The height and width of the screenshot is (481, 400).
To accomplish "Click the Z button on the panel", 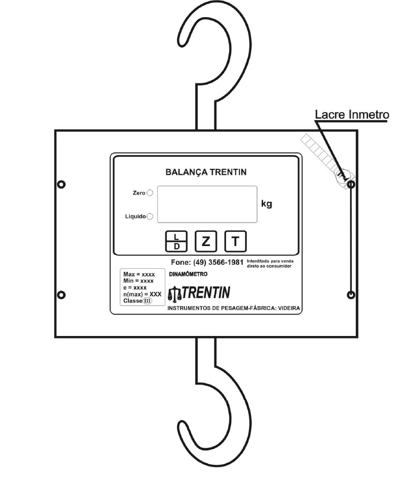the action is pos(206,242).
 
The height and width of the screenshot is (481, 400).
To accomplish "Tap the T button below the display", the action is pos(235,242).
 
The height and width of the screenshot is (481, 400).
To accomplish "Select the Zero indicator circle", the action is pos(150,193).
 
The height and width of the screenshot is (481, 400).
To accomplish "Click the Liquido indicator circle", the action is pos(150,216).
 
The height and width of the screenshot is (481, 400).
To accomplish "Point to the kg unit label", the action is pos(266,204).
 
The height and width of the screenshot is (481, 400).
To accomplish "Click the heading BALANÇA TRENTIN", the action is pos(206,172).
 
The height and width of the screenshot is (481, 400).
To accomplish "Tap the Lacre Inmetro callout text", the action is pos(352,114).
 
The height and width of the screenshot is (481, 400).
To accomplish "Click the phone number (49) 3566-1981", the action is pos(218,262).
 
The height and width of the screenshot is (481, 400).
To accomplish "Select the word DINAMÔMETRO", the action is pos(188,274).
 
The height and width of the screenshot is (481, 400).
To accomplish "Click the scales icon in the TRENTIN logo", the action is pos(175,294).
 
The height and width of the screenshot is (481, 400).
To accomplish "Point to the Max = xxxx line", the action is pos(139,274).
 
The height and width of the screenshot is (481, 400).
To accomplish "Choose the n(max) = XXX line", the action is pos(143,294).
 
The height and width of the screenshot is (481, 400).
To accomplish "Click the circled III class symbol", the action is pos(147,301).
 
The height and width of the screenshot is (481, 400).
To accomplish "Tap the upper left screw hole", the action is pos(61,184).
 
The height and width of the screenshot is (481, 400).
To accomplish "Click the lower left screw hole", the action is pos(61,295).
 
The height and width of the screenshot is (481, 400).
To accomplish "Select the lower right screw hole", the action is pos(351,295).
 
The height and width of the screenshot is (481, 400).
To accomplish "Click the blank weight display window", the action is pos(207,204).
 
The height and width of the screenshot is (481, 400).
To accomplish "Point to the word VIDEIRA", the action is pos(289,308).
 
